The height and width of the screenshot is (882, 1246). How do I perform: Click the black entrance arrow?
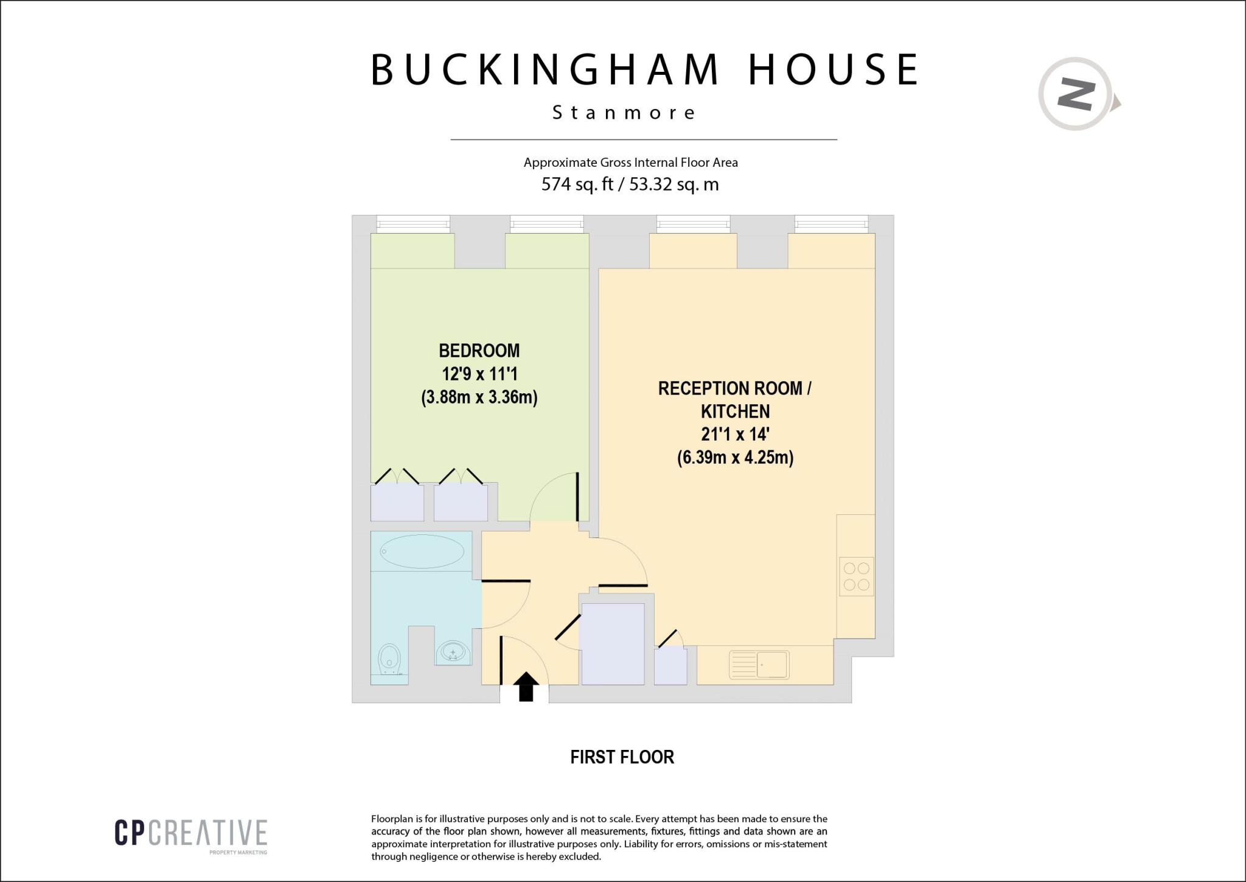(x=526, y=687)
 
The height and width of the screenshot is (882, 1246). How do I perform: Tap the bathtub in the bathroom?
(x=422, y=551)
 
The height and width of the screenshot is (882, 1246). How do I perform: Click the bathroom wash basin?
(x=453, y=653)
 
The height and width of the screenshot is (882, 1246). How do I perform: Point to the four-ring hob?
(x=856, y=576)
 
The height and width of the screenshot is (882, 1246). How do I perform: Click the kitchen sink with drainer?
(x=759, y=665)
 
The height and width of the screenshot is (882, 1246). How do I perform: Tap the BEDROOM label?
(x=479, y=351)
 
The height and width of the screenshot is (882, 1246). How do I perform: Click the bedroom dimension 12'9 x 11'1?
(x=479, y=374)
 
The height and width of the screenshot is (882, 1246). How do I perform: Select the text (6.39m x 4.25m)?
(x=735, y=457)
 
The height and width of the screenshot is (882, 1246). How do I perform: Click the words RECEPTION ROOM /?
(x=734, y=388)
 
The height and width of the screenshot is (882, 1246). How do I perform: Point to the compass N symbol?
(x=1076, y=94)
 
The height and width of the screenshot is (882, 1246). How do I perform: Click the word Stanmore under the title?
(x=624, y=113)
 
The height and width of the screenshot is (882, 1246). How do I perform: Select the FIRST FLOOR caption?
(x=622, y=757)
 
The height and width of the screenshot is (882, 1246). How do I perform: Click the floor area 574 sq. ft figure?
(x=577, y=184)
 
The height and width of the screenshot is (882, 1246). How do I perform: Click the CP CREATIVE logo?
(x=190, y=833)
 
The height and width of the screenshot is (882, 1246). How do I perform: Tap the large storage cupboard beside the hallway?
(x=612, y=643)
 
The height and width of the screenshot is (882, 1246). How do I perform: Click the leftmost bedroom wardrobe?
(x=397, y=502)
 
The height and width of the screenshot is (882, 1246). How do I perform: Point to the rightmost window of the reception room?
(x=830, y=224)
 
